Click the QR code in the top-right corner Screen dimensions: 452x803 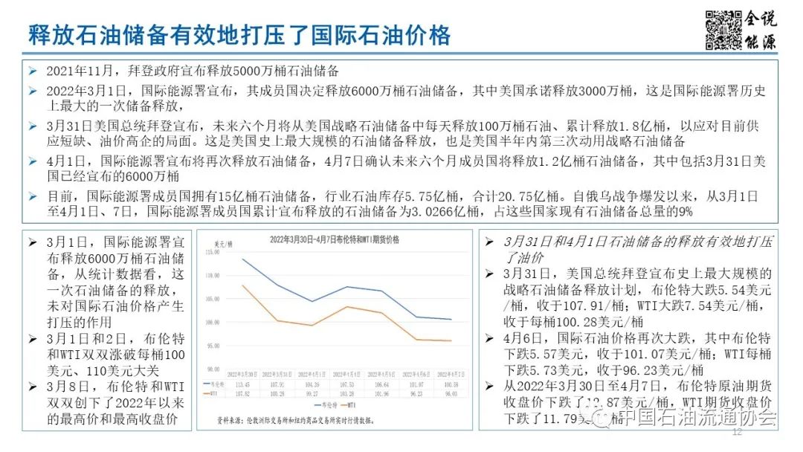click(x=723, y=30)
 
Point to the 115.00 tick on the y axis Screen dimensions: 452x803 click(x=213, y=253)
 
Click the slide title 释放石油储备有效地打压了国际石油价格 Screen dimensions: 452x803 click(x=239, y=34)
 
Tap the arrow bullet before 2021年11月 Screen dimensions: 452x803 click(x=32, y=71)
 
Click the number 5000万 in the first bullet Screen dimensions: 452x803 click(x=255, y=71)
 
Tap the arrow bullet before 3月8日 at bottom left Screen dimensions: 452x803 click(x=32, y=387)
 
